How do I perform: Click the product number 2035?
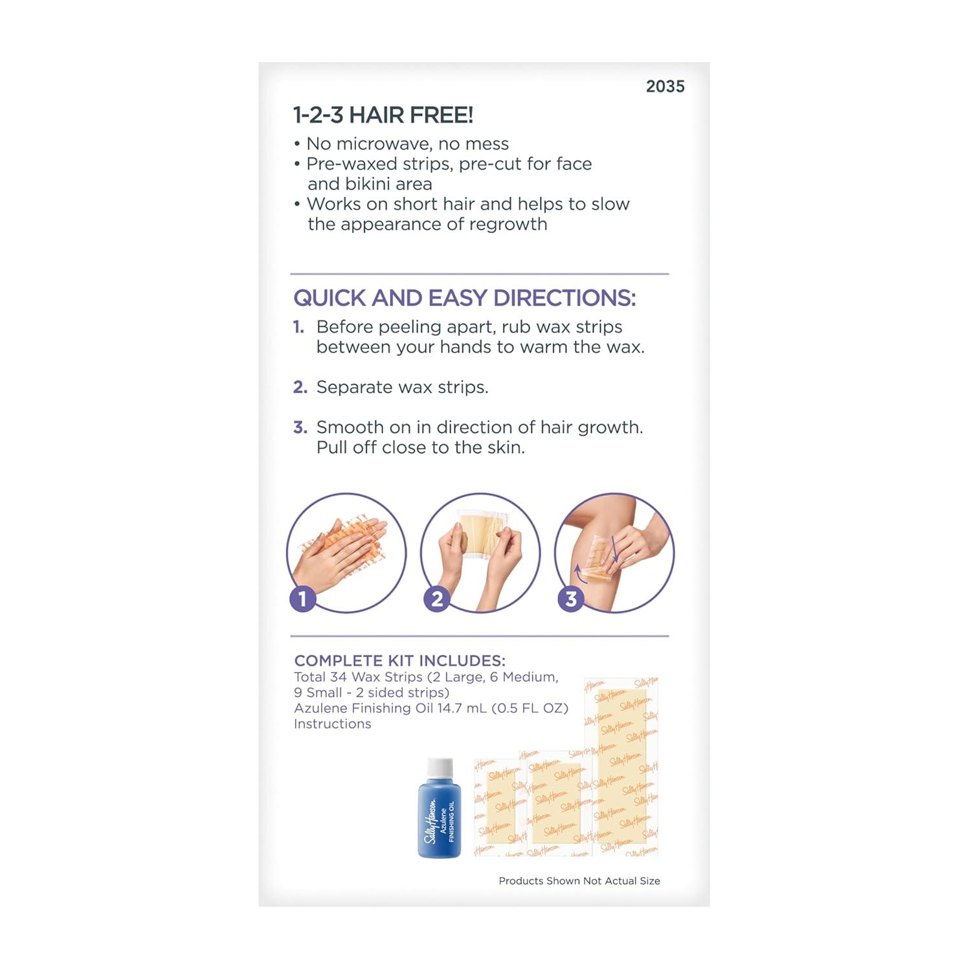click(665, 86)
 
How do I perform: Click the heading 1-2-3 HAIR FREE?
click(383, 115)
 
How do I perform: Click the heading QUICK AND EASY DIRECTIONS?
click(465, 298)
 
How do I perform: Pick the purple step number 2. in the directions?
click(300, 387)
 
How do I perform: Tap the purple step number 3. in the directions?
click(300, 427)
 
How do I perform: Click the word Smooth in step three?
click(350, 427)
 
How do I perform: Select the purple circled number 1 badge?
click(302, 599)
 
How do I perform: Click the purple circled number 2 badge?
click(437, 599)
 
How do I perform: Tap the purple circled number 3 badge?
click(571, 599)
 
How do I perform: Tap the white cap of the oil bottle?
click(440, 767)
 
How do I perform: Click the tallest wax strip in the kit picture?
click(621, 767)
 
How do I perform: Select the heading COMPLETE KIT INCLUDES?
click(399, 661)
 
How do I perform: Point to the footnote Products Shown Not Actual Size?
click(579, 881)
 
